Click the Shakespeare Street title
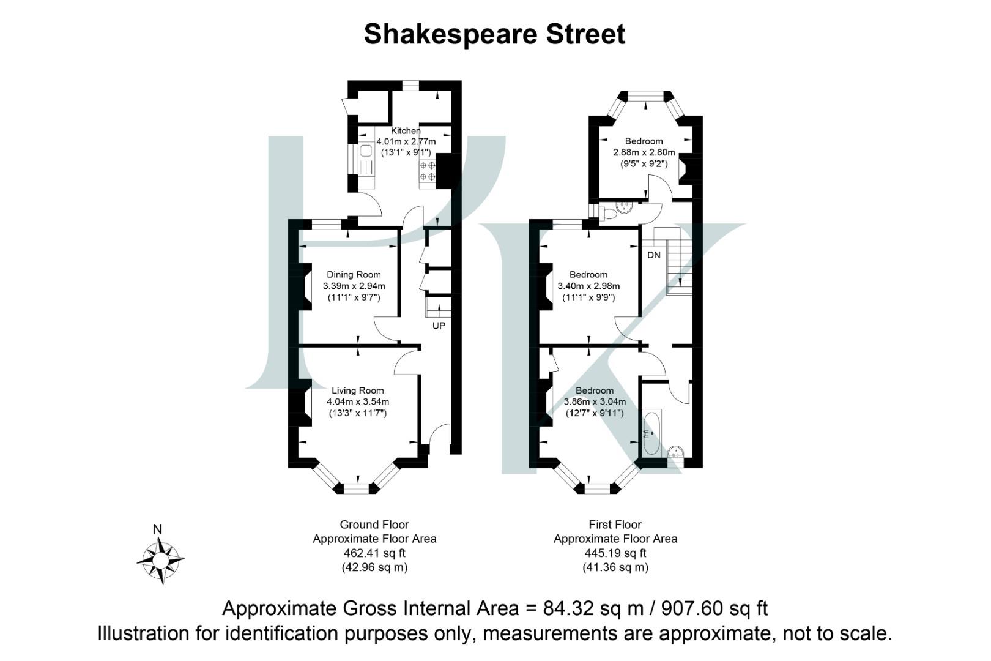pyautogui.click(x=494, y=34)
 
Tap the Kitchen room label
pyautogui.click(x=406, y=130)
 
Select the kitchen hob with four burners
pyautogui.click(x=427, y=171)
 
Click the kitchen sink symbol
pyautogui.click(x=366, y=152)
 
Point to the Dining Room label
pyautogui.click(x=354, y=275)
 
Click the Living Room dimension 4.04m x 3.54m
pyautogui.click(x=358, y=402)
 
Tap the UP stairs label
pyautogui.click(x=439, y=326)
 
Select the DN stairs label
pyautogui.click(x=653, y=255)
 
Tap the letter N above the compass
pyautogui.click(x=157, y=529)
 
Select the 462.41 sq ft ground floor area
pyautogui.click(x=374, y=553)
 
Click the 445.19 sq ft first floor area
pyautogui.click(x=615, y=553)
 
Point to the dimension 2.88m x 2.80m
pyautogui.click(x=644, y=152)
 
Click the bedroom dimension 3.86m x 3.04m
pyautogui.click(x=595, y=402)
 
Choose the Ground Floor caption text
pyautogui.click(x=374, y=525)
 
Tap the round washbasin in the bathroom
pyautogui.click(x=675, y=453)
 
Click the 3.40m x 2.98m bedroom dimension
pyautogui.click(x=588, y=286)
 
